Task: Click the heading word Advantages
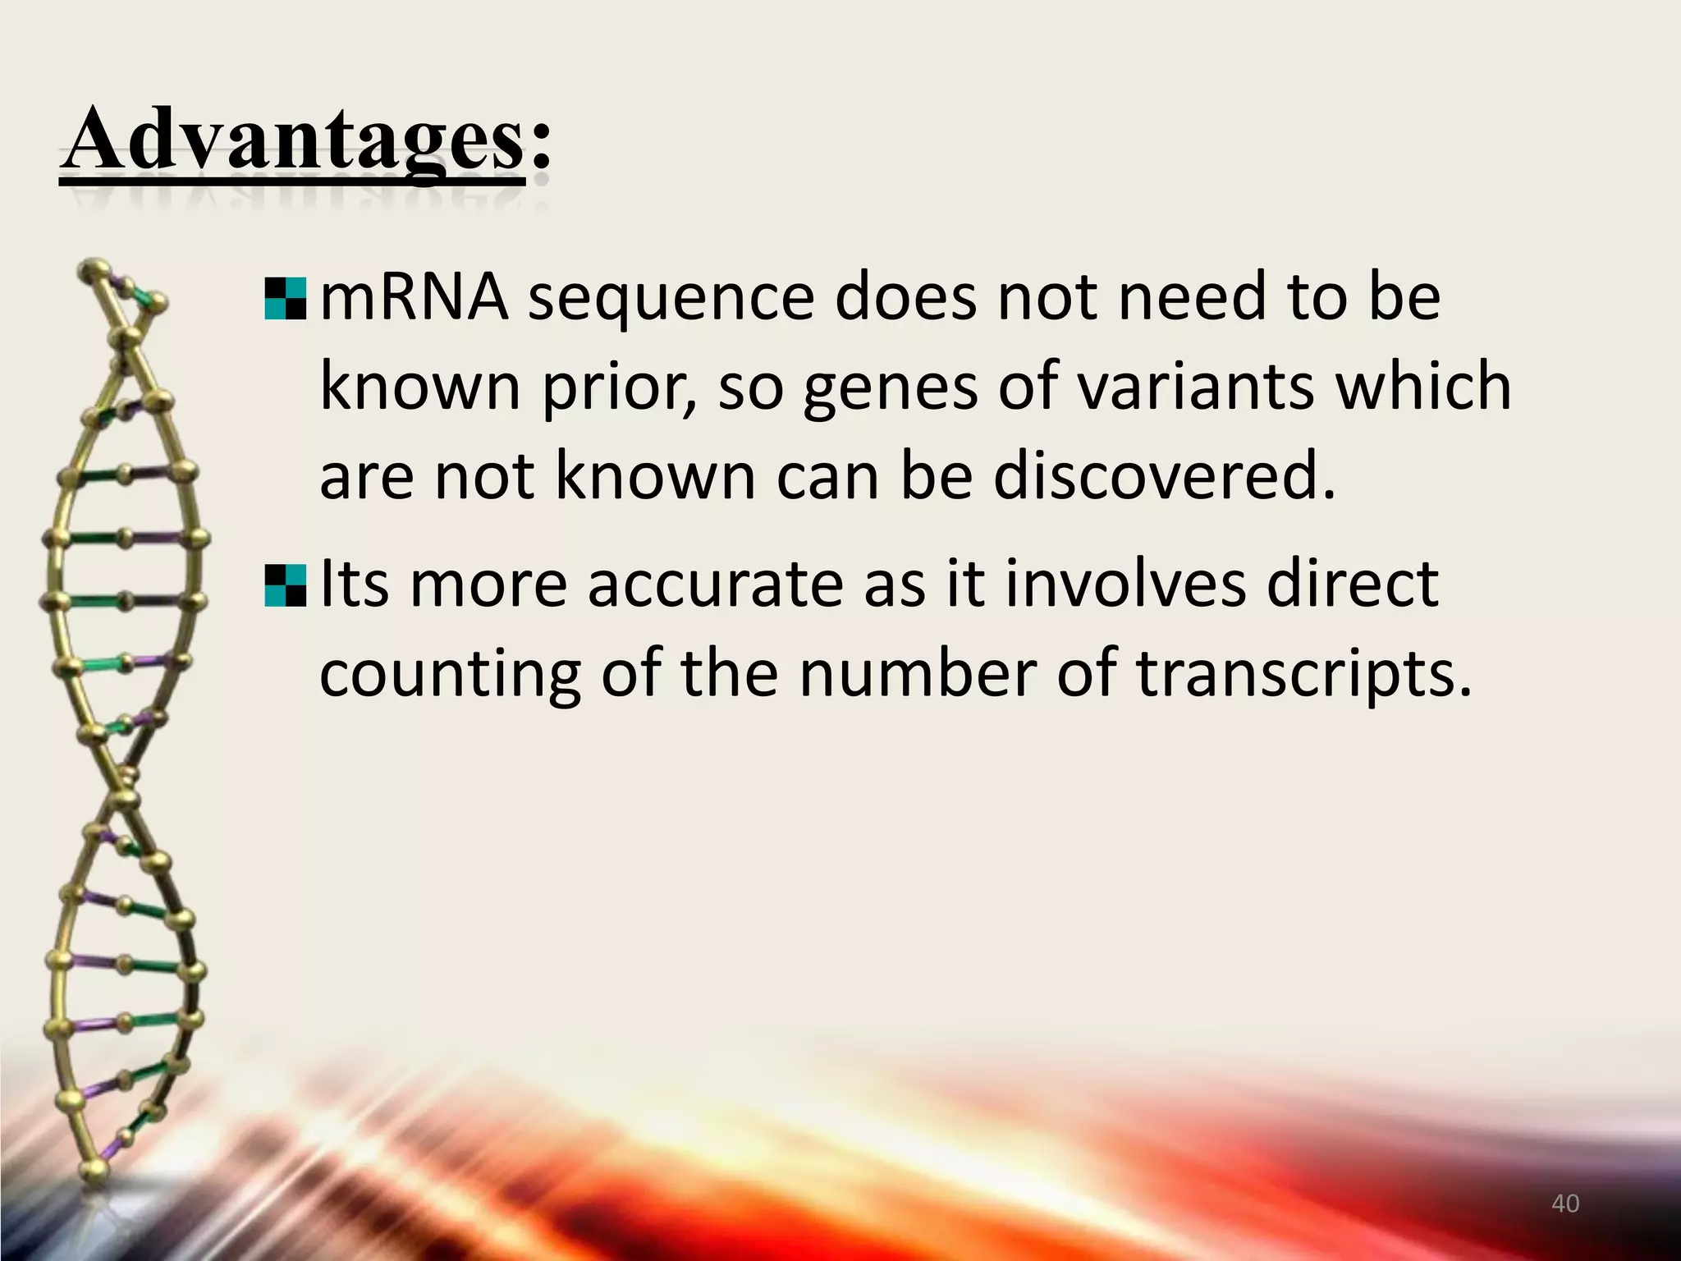(x=291, y=140)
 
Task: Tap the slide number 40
(x=1565, y=1204)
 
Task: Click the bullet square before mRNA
(x=286, y=299)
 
